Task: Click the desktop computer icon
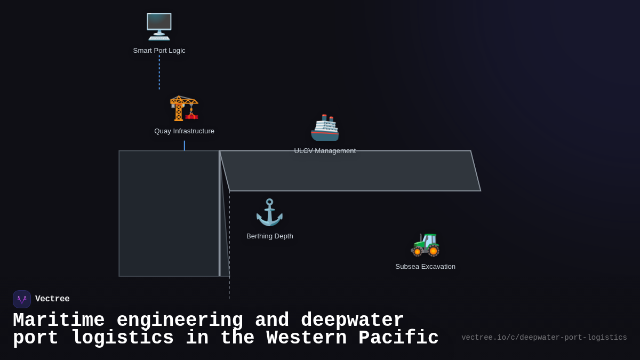(159, 26)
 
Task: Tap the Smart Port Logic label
(159, 51)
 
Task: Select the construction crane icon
(184, 108)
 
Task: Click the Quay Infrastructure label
(184, 131)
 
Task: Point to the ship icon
(325, 128)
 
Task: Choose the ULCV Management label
(325, 151)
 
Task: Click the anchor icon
(269, 212)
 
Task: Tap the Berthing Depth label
(269, 236)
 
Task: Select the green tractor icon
(425, 244)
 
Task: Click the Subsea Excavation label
(425, 267)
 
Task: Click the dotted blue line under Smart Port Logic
(159, 72)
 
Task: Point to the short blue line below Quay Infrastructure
(185, 146)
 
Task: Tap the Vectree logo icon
(22, 299)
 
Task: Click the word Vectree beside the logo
(52, 299)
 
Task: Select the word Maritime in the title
(59, 321)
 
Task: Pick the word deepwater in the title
(352, 321)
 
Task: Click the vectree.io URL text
(544, 338)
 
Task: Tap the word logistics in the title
(122, 338)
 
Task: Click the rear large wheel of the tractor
(433, 251)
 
